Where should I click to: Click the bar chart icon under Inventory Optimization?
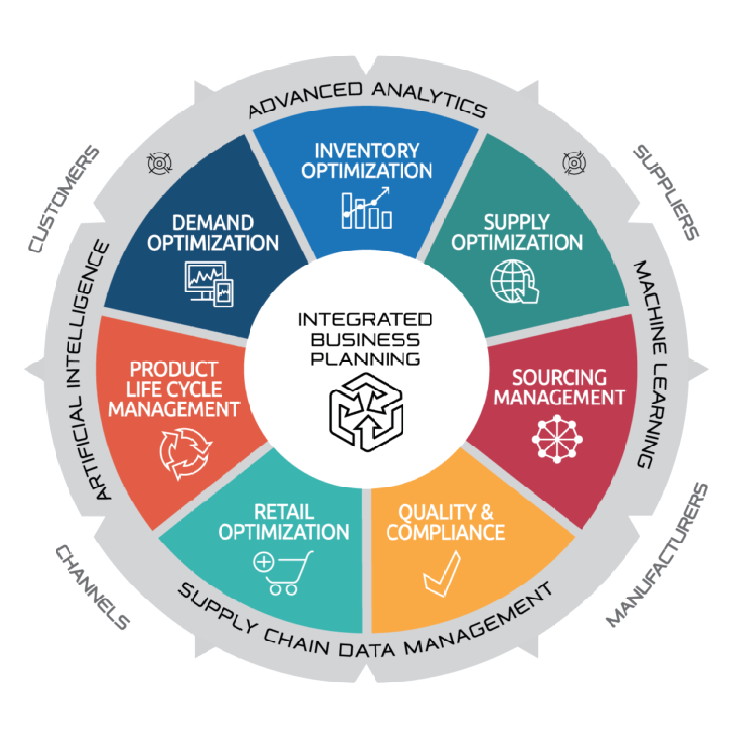coord(367,209)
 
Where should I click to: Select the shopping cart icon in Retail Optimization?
coord(283,572)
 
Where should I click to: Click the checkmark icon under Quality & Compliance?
coord(442,574)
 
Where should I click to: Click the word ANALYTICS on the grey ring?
coord(430,99)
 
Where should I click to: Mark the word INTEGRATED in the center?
coord(365,320)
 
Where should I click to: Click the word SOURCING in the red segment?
coord(559,377)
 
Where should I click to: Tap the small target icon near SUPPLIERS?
coord(574,163)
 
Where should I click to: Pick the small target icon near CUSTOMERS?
coord(160,164)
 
